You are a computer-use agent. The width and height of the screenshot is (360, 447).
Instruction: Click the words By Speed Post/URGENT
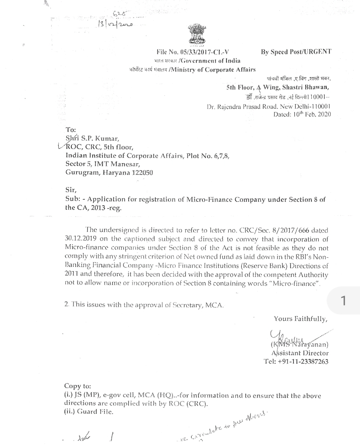tap(296, 52)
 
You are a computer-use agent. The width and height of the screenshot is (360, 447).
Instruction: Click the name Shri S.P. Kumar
tap(92, 138)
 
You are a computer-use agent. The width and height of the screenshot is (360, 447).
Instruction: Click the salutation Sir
tap(71, 190)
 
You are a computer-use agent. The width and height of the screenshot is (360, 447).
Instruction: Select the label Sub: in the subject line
tap(73, 199)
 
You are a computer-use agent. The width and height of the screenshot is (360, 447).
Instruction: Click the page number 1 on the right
tap(343, 301)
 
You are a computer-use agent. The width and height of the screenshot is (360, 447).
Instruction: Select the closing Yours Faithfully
tap(301, 319)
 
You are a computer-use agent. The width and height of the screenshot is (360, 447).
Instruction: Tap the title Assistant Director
tap(300, 353)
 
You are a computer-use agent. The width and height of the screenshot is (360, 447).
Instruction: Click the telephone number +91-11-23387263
tap(303, 362)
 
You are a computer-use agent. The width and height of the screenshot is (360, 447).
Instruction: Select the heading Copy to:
tap(77, 386)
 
